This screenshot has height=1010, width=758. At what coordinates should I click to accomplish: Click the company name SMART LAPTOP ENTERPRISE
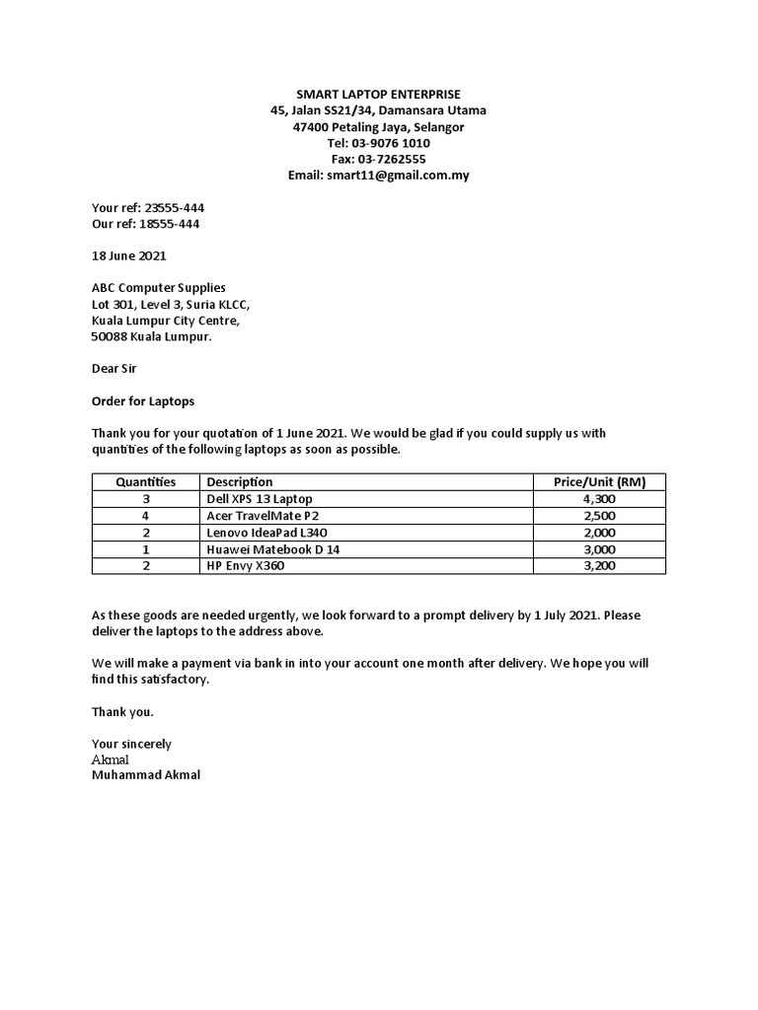(378, 94)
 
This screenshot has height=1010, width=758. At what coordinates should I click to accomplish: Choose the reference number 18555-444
(171, 224)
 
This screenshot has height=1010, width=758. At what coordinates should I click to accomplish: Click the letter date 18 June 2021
(129, 255)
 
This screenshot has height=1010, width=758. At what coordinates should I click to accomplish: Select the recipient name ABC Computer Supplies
(159, 288)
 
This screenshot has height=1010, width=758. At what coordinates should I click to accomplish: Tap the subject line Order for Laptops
(143, 401)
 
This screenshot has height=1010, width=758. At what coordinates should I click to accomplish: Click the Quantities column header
(145, 482)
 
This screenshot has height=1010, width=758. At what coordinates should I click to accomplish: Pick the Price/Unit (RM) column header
(599, 482)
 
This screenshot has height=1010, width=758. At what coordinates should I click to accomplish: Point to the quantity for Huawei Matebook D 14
(145, 549)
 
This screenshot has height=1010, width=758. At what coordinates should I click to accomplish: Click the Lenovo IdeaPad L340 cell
(272, 533)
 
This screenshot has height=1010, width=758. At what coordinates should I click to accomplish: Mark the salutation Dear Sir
(114, 369)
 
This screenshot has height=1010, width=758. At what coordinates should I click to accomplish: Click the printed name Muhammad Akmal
(145, 775)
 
